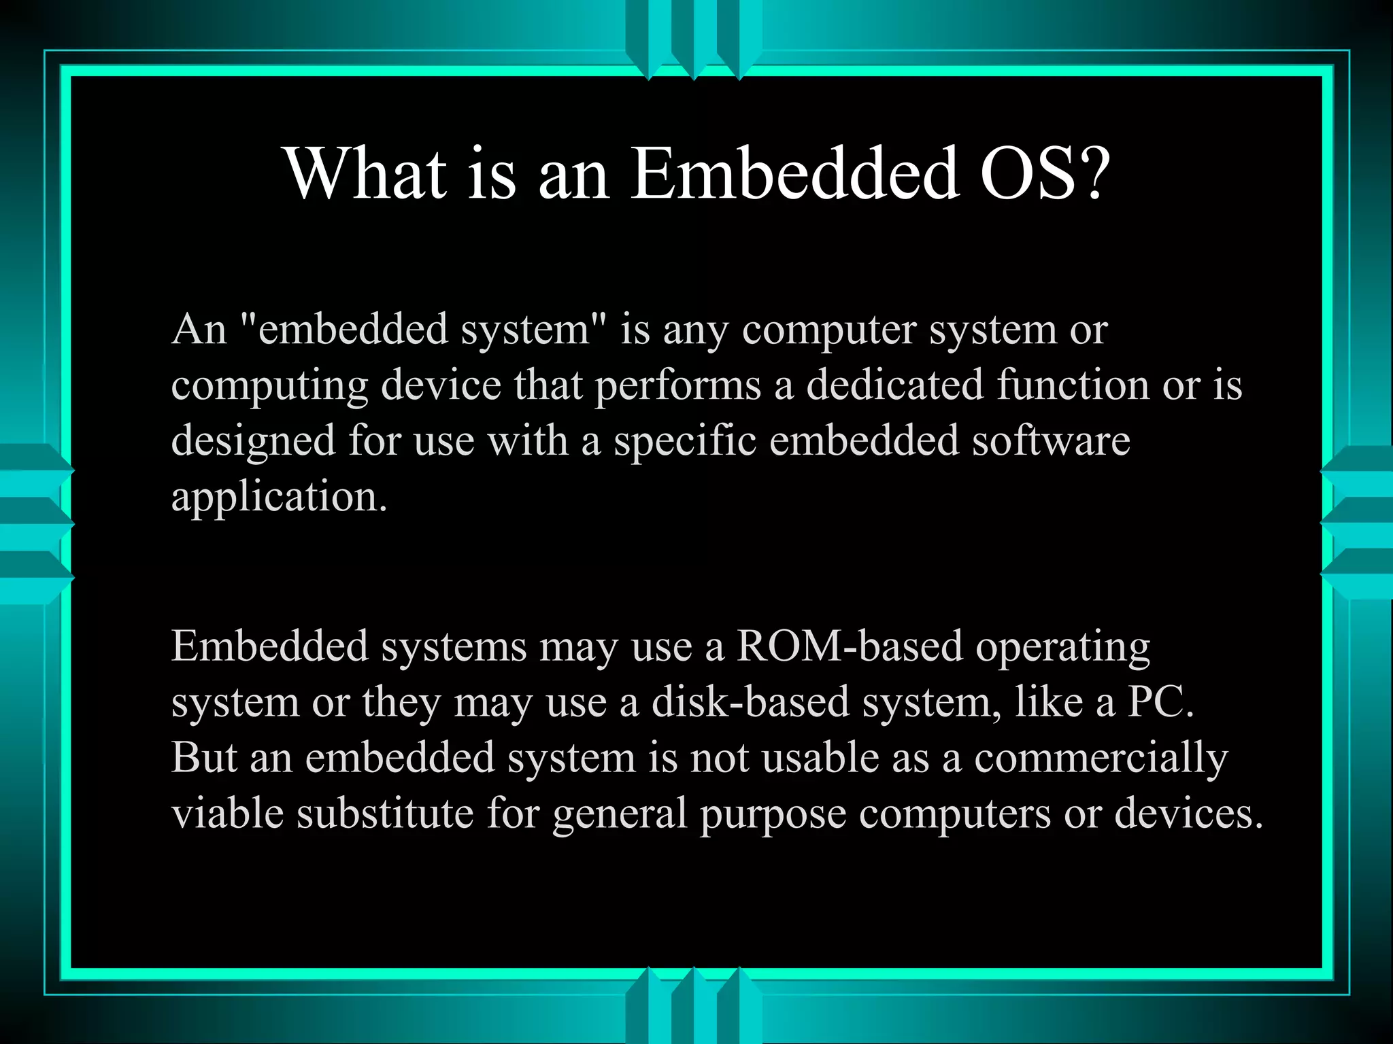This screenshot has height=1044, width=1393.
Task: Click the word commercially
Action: tap(1101, 759)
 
